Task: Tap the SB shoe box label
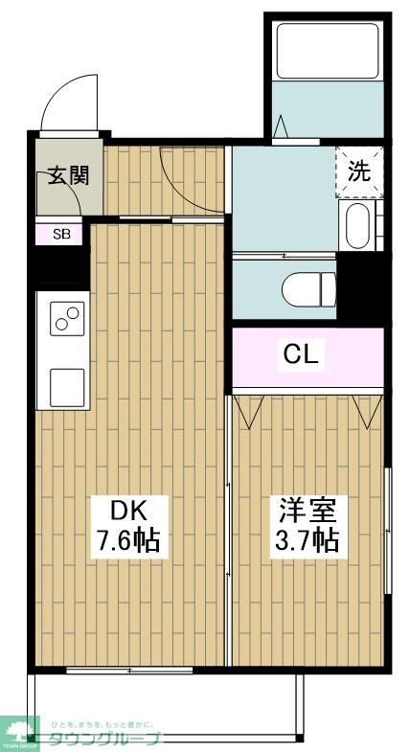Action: (60, 233)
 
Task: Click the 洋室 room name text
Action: (306, 508)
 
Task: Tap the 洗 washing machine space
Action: (359, 172)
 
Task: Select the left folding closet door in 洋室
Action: (251, 410)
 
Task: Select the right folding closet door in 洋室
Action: (367, 410)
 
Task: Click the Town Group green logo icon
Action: (17, 730)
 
